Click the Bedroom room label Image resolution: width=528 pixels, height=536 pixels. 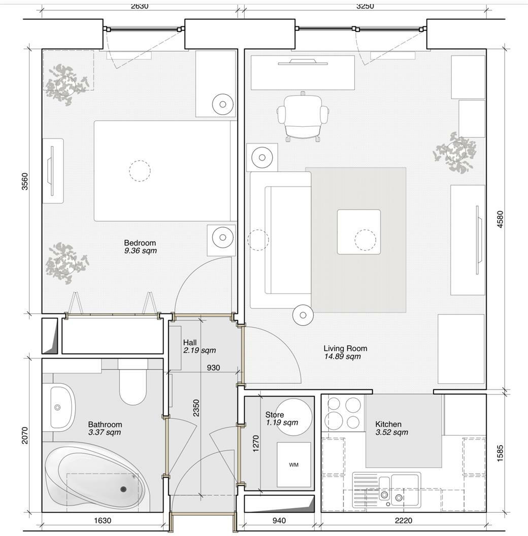[x=140, y=243]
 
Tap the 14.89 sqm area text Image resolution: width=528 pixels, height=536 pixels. [x=342, y=356]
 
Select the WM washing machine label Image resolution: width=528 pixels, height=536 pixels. [x=293, y=464]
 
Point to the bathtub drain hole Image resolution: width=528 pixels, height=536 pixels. [x=123, y=489]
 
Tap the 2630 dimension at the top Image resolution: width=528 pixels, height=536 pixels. [x=140, y=7]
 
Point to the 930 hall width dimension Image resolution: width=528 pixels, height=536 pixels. [x=213, y=368]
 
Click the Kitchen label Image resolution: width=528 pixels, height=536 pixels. [x=388, y=424]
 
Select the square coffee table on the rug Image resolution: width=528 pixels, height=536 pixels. [x=359, y=232]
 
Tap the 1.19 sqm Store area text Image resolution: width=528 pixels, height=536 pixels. [x=282, y=422]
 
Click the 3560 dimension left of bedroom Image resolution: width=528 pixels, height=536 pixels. [x=25, y=181]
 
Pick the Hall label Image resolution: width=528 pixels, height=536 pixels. [x=190, y=343]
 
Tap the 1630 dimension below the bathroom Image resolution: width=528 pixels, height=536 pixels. [x=103, y=520]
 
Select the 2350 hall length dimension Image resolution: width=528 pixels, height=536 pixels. [x=196, y=408]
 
